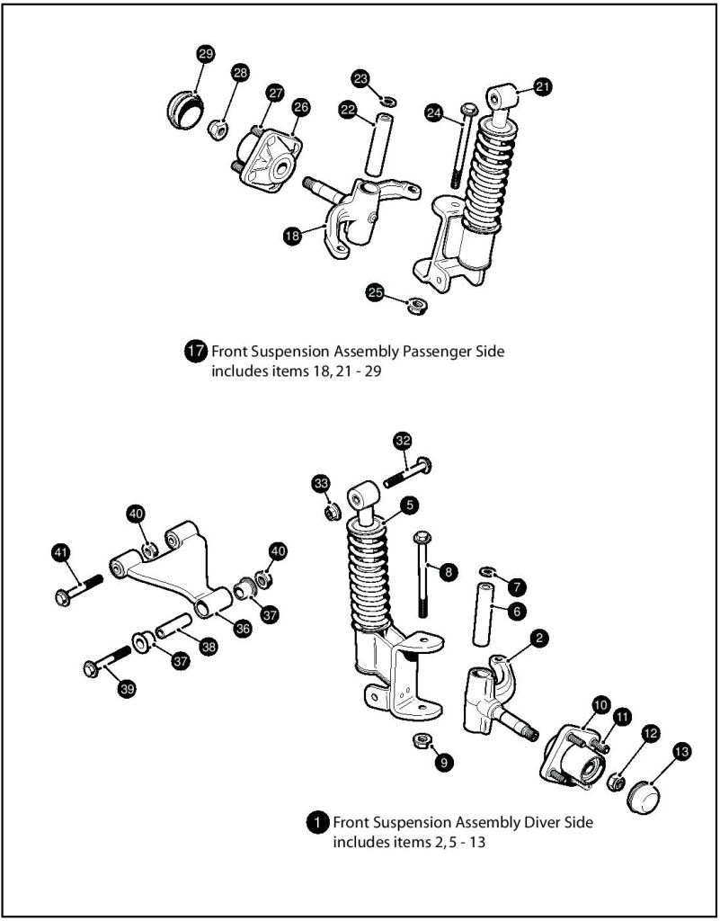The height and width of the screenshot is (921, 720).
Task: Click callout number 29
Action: point(205,55)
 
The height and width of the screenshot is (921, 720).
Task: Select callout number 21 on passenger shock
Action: point(542,86)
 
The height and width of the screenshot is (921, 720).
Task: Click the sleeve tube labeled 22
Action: point(375,143)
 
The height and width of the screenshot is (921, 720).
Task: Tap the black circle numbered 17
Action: point(196,352)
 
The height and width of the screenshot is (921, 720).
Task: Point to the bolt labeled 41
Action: point(79,593)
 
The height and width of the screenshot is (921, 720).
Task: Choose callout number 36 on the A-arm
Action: point(243,629)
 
